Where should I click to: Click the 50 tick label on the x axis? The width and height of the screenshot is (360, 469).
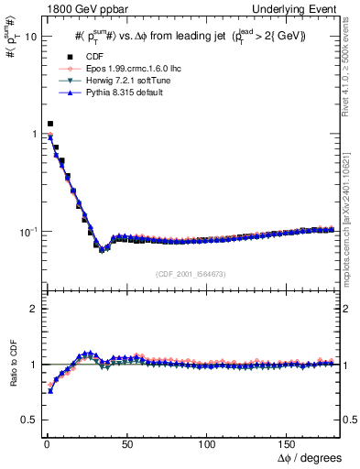127,442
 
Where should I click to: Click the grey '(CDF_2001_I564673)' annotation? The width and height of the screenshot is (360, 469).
191,274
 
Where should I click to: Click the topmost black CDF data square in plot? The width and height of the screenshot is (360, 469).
49,123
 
